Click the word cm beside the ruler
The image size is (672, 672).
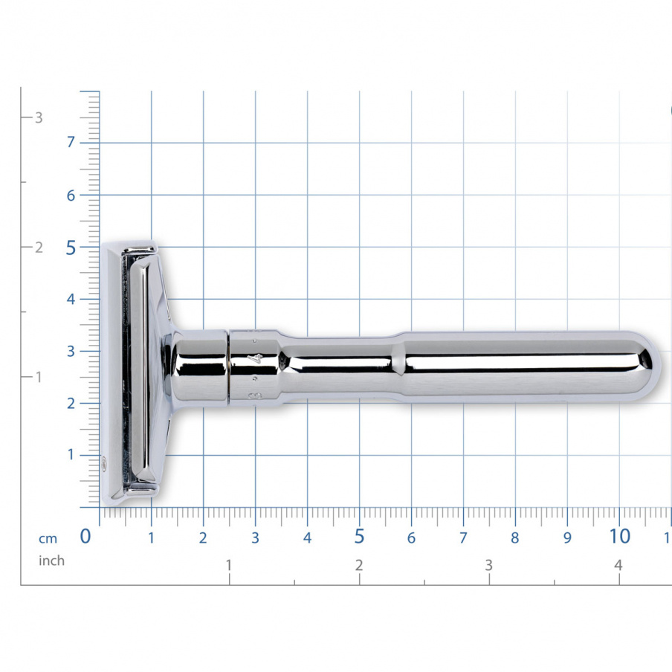(x=48, y=539)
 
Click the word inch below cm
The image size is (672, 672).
(x=51, y=561)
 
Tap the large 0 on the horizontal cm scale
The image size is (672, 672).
(x=85, y=536)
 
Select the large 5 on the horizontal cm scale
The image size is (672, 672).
(x=359, y=536)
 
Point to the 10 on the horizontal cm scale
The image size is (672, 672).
(x=618, y=536)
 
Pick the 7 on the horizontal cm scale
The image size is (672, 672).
(x=462, y=537)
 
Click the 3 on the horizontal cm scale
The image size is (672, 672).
(x=255, y=537)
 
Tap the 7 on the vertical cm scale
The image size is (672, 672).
(x=71, y=143)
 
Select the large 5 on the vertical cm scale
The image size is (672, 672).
(x=71, y=248)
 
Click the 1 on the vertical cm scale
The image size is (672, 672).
(x=71, y=455)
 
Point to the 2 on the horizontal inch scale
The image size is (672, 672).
(x=359, y=566)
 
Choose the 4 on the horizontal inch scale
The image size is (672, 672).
(x=618, y=566)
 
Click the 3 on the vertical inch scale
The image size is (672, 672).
(x=39, y=117)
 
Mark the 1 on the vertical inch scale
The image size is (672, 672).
(x=39, y=377)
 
